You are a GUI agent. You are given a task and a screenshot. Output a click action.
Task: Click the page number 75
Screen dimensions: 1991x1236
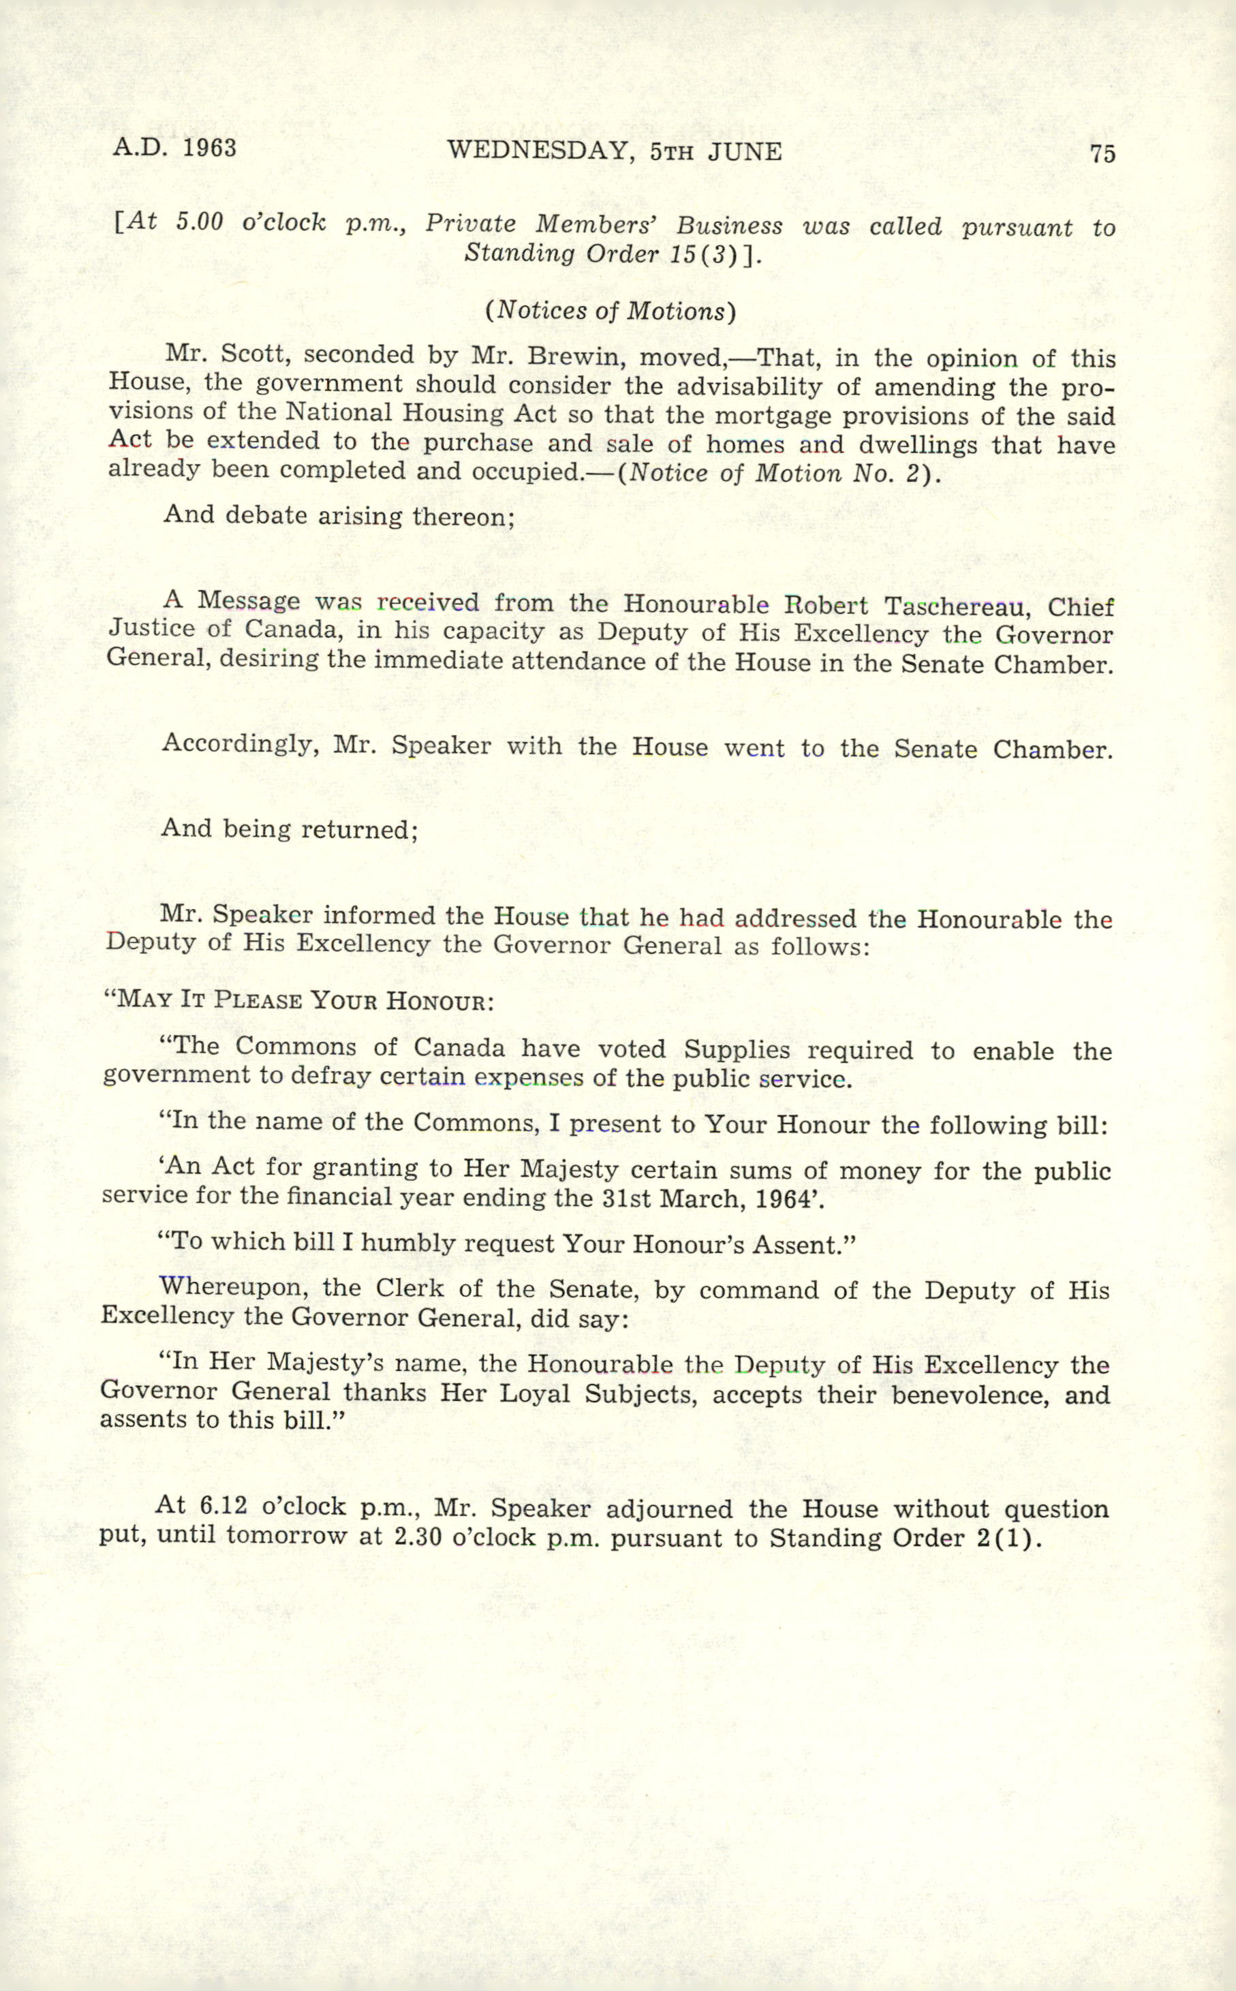coord(1102,154)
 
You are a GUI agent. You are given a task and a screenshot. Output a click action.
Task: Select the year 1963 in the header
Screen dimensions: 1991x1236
coord(209,148)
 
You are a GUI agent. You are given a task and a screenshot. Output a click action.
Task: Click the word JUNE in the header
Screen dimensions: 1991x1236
coord(745,152)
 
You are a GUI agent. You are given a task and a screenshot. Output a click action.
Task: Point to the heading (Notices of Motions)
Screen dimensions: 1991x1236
coord(611,311)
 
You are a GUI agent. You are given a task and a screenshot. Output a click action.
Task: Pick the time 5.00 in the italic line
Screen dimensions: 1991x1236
coord(200,222)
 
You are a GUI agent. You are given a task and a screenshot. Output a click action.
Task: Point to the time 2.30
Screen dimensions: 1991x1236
coord(418,1537)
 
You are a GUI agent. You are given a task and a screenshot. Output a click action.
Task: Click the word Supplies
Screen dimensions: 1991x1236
coord(737,1049)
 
